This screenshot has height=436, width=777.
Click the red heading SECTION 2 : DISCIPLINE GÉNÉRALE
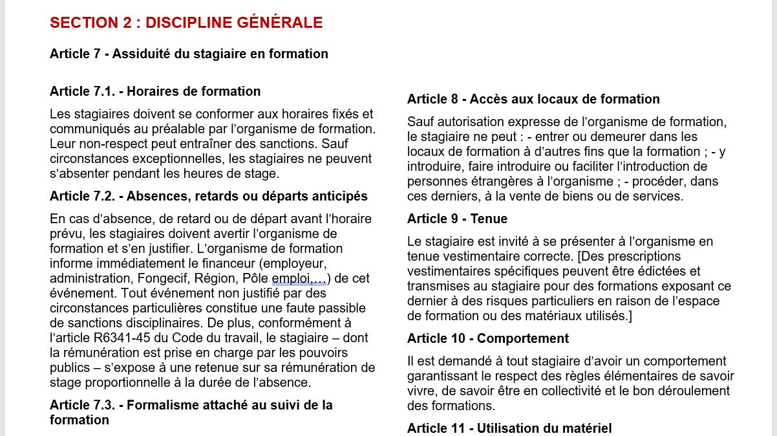(x=186, y=23)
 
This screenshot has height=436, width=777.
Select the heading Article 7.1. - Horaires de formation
(x=155, y=91)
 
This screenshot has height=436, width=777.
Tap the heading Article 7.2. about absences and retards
(x=208, y=196)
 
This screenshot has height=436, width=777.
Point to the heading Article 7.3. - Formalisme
(x=191, y=406)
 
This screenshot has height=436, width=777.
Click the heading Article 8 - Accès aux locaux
(x=533, y=99)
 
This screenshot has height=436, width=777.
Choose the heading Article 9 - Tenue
(x=457, y=219)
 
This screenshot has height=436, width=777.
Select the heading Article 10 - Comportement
(x=487, y=338)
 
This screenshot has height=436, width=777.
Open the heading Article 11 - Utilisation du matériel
(x=509, y=428)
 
